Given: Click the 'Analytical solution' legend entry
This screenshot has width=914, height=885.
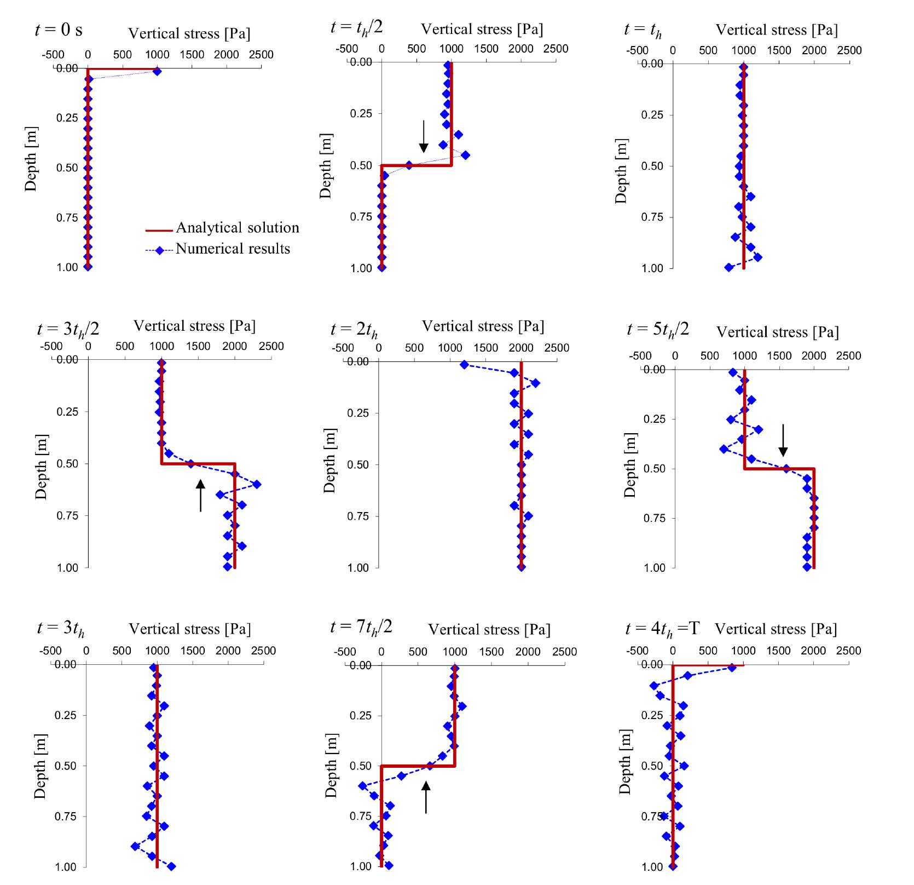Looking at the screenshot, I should pos(237,228).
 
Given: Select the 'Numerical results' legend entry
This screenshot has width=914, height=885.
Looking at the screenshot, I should pos(233,249).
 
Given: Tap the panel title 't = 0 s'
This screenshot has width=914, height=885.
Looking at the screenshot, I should pos(59,30).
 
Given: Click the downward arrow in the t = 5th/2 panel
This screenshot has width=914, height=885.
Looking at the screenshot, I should pos(783,440).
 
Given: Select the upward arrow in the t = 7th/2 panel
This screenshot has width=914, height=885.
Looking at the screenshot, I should pos(426,797).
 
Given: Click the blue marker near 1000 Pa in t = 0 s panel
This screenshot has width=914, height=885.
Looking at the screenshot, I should pos(157,71).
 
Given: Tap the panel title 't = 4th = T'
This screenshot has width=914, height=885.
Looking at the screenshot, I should pos(662,628).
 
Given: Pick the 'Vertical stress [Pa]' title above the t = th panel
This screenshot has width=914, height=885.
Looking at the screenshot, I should pos(777,30).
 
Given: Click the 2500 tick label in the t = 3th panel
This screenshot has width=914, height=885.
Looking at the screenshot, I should pos(263,651).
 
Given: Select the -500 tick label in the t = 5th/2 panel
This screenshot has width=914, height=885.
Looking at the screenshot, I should pos(640,355).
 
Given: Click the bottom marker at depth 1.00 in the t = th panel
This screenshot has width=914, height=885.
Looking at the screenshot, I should pos(728,267).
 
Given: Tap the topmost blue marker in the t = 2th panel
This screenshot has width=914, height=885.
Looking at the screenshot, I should pos(464,365).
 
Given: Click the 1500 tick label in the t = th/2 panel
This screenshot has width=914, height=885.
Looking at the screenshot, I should pos(486,48).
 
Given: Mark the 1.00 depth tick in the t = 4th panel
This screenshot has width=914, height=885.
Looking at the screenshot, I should pos(652,867).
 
